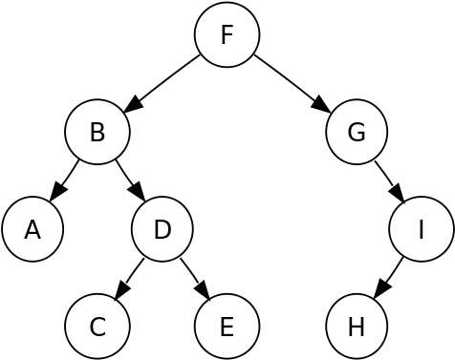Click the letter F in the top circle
[227, 35]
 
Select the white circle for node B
[97, 132]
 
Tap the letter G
[357, 132]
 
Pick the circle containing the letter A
[32, 230]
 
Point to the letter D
[162, 230]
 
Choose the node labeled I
[422, 230]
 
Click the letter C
[97, 328]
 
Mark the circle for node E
[227, 328]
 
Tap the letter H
[357, 328]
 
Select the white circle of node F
[227, 35]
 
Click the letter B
[97, 132]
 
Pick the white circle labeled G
[357, 132]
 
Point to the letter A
[32, 230]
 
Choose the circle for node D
[162, 230]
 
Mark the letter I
[422, 230]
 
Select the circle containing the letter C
[97, 328]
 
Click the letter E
[227, 328]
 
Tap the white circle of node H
[357, 328]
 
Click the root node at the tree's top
[227, 35]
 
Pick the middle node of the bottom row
[227, 328]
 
